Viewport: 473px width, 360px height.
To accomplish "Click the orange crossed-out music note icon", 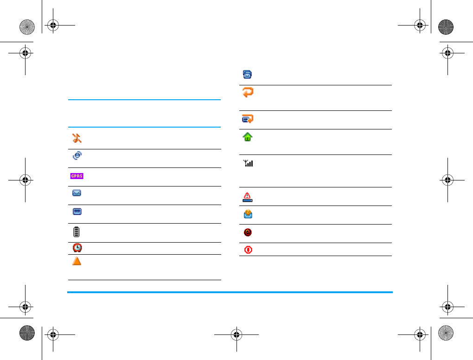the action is [x=77, y=138].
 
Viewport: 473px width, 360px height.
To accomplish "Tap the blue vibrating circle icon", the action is [x=77, y=156].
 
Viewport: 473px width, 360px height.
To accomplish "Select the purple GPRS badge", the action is [x=77, y=176].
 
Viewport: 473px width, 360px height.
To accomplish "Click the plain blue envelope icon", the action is [x=77, y=193].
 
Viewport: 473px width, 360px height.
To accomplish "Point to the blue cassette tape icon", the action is [x=77, y=212].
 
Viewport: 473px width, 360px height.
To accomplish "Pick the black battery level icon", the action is [x=77, y=232].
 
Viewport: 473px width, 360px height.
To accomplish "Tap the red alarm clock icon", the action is [x=77, y=248].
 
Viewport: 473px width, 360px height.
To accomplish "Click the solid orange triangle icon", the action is [x=77, y=261].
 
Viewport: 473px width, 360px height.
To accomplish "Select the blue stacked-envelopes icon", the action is [x=248, y=74].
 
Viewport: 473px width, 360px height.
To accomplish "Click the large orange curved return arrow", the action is [x=248, y=92].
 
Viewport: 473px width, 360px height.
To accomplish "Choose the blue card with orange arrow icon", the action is [x=248, y=119].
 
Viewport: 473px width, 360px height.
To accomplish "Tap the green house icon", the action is [x=248, y=137].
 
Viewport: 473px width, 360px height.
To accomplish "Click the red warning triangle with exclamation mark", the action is [x=248, y=197].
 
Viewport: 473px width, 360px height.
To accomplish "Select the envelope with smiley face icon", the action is [x=248, y=214].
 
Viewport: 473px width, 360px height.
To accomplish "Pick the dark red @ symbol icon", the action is [x=248, y=232].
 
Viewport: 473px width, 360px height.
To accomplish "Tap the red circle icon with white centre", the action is [x=248, y=250].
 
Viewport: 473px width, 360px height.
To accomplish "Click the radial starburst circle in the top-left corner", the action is [x=27, y=27].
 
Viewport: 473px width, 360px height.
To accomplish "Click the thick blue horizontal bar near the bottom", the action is [x=230, y=292].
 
